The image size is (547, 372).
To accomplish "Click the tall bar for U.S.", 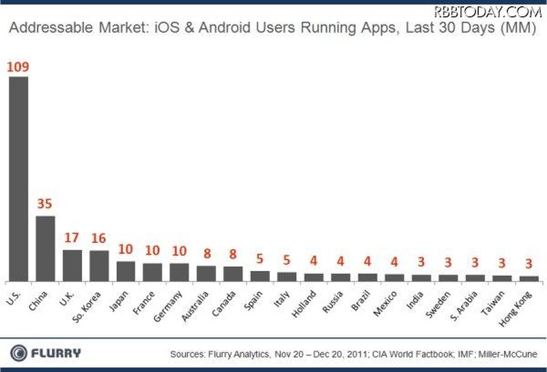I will coord(18,179).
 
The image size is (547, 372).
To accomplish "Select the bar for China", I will coord(45,248).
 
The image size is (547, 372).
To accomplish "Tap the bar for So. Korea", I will coord(99,266).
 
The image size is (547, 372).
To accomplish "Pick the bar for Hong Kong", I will coord(529,278).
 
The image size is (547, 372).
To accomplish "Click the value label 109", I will coord(18,67).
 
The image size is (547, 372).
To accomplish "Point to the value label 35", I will coord(45,204).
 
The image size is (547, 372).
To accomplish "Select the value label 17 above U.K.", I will coord(72,239).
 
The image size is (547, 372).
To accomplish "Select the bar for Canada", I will coord(233,273).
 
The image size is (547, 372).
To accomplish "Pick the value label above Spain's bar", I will coord(260,259).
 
